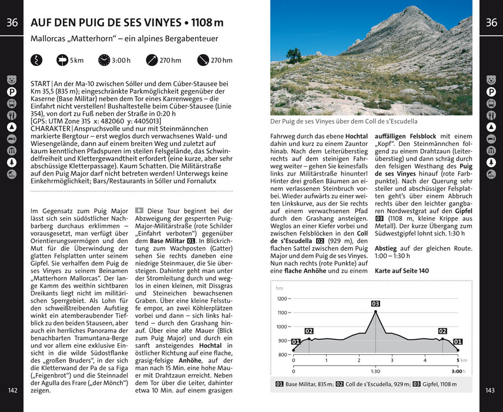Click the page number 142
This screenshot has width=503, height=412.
coord(12,390)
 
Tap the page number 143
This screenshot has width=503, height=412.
coord(491,390)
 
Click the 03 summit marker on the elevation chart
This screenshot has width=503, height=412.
coord(375,304)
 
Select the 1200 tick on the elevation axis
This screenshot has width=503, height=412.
coord(282,298)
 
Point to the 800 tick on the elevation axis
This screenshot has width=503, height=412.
coord(283,354)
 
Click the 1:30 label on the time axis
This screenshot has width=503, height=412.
coord(375,371)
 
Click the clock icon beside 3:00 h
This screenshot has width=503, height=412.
coord(104,60)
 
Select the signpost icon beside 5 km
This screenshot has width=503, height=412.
coord(62,60)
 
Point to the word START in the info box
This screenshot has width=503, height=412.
coord(40,84)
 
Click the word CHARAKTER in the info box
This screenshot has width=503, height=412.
coord(50,129)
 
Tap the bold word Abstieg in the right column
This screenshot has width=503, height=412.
coord(386,248)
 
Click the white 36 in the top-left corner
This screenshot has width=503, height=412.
coord(12,23)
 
